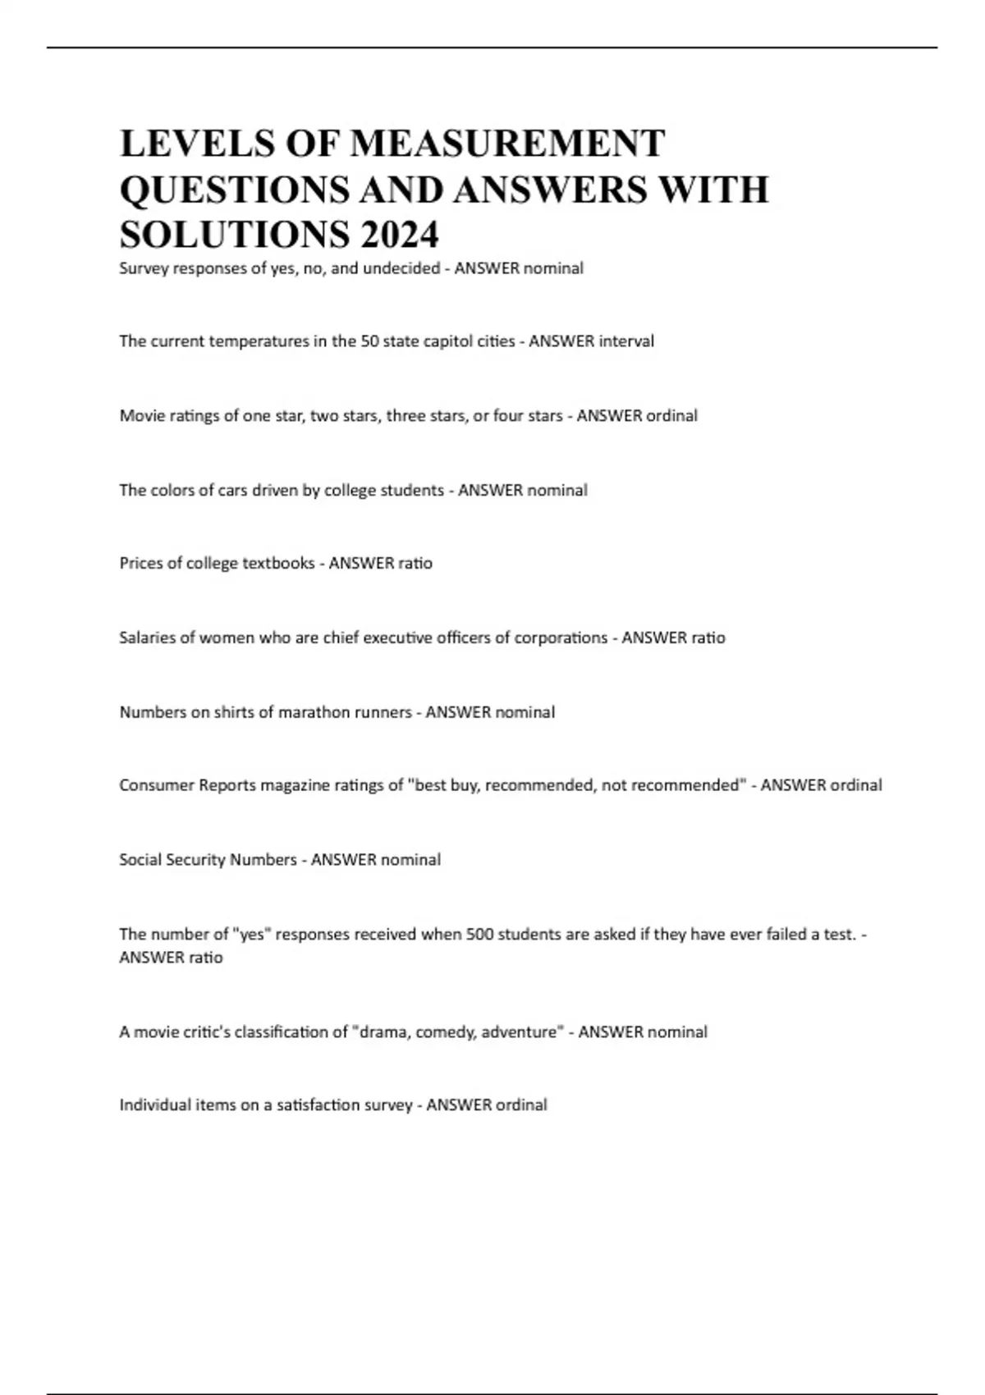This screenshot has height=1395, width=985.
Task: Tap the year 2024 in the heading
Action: [x=398, y=235]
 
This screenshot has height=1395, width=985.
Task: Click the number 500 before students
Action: [x=479, y=934]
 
